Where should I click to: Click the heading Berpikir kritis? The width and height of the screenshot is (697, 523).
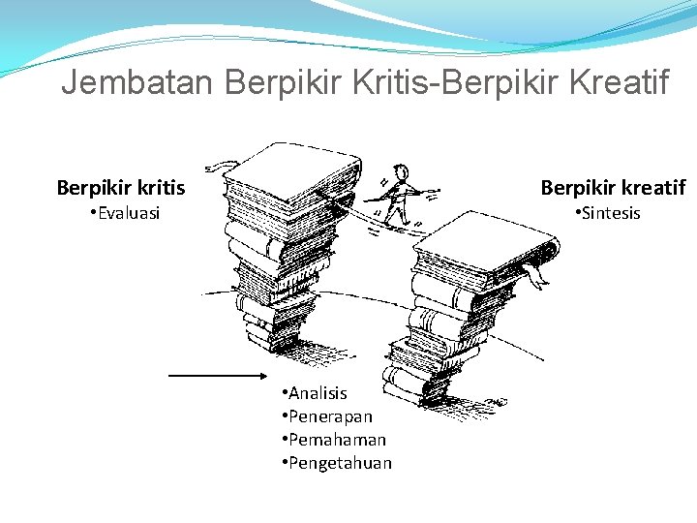tap(121, 187)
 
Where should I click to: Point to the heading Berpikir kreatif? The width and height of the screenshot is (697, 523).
tap(613, 187)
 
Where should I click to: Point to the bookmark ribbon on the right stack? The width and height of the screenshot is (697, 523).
tap(533, 275)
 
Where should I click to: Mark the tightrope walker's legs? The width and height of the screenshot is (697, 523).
tap(398, 211)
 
